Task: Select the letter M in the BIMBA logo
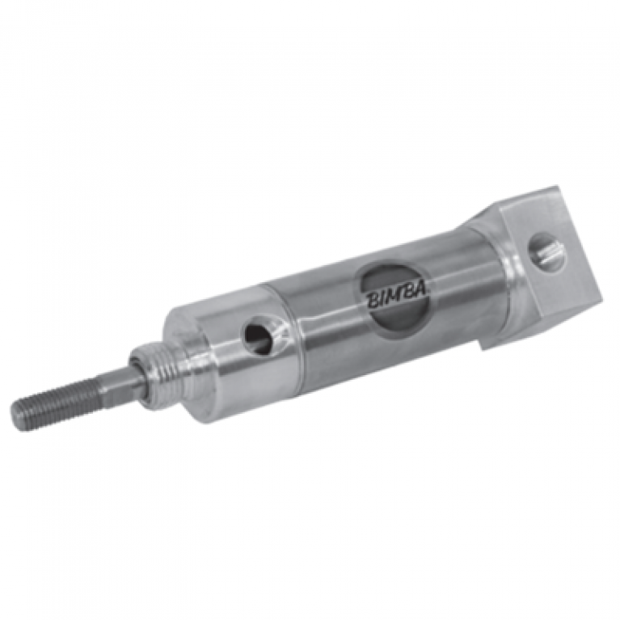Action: (399, 294)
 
